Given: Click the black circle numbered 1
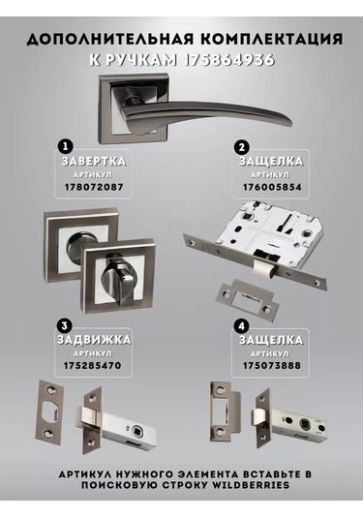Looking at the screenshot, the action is coord(66,146).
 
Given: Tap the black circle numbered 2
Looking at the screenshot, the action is coord(242,146).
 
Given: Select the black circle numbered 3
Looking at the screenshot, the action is coord(65,325).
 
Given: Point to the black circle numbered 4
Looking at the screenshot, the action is coord(242,326).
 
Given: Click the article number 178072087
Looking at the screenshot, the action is coord(94,187).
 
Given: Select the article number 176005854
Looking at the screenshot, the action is coord(272,187).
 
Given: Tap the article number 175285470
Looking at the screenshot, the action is coord(93,366).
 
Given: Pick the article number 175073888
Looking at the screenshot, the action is coord(272,366).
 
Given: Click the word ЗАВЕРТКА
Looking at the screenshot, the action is coord(94,162).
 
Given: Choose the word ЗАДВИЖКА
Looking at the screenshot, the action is coord(94,340).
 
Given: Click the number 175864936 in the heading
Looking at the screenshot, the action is coord(228,60).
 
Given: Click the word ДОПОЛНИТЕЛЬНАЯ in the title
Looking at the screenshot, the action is coord(109,40).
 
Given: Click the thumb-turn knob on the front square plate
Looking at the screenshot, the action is coord(117,282).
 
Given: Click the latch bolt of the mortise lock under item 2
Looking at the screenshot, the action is coord(265,268).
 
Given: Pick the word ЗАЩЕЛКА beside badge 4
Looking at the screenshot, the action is coord(271,340).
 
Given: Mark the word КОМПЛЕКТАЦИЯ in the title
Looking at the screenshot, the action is coord(271,40).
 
